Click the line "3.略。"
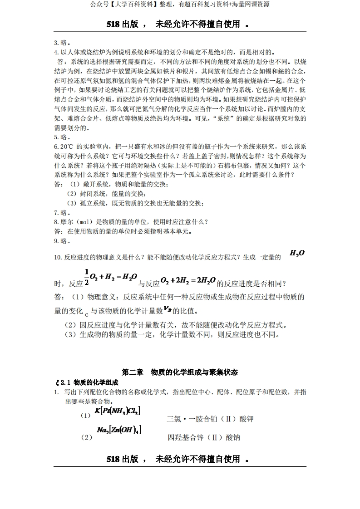click(x=62, y=43)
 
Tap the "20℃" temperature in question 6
click(x=64, y=147)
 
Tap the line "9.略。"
click(x=62, y=241)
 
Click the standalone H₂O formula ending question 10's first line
click(x=297, y=253)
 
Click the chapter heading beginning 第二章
click(x=180, y=372)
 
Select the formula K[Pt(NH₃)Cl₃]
click(x=118, y=411)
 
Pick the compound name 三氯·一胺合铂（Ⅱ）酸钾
click(x=210, y=419)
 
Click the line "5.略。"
click(x=62, y=137)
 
